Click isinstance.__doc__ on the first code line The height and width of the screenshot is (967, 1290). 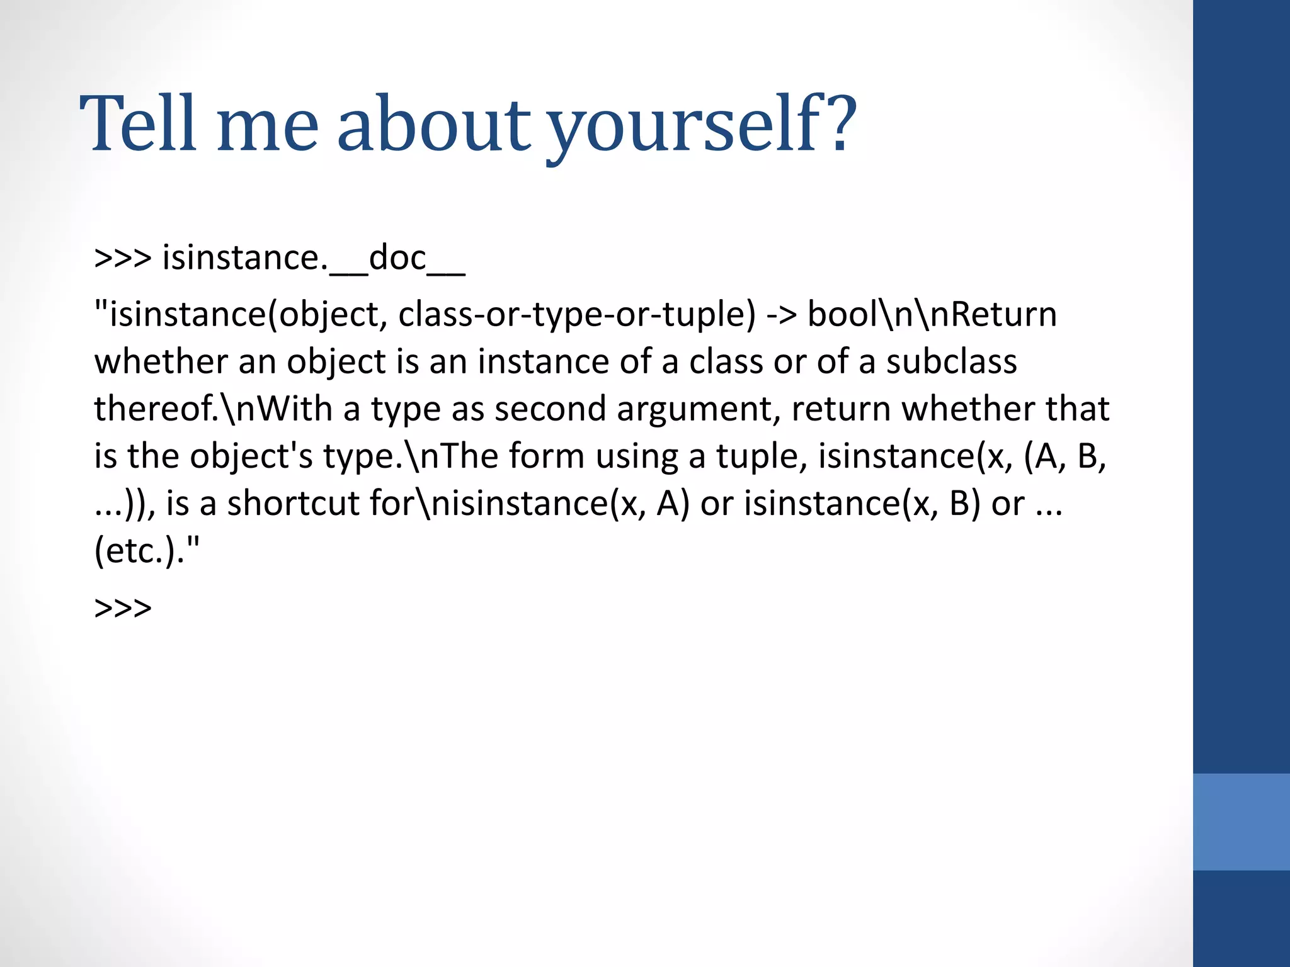pos(314,258)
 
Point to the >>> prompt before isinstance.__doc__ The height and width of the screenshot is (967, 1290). pos(123,258)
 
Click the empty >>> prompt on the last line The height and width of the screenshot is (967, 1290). pos(123,608)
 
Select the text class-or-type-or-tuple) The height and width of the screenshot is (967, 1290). pos(576,315)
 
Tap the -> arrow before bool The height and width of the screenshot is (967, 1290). pos(781,315)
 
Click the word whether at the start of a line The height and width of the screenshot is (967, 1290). pos(161,362)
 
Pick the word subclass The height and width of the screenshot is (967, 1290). pos(951,362)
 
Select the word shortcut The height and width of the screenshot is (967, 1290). pos(293,504)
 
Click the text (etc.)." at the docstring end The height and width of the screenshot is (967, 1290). pos(147,551)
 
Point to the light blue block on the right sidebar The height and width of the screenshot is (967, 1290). pos(1241,822)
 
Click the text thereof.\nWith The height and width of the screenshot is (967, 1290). pos(213,409)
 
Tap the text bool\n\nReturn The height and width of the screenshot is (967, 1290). pos(932,315)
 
